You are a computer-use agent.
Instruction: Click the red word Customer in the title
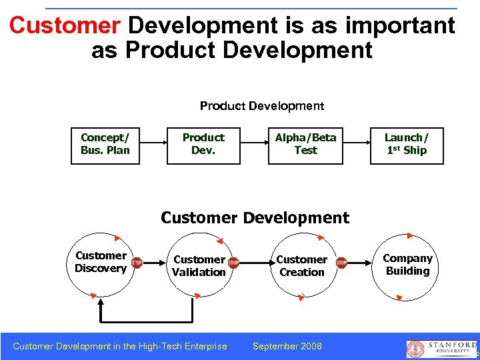coord(65,26)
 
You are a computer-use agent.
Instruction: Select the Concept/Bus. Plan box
coord(105,144)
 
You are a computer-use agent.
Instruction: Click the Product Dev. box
coord(203,144)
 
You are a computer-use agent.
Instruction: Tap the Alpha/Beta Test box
coord(306,144)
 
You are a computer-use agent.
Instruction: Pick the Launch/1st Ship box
coord(407,144)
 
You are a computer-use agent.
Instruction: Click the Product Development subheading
coord(262,106)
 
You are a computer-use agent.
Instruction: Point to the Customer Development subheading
coord(255,218)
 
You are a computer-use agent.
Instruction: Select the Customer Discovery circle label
coord(101,262)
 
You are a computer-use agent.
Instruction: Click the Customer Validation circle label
coord(199,265)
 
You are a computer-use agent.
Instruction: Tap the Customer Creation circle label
coord(301,265)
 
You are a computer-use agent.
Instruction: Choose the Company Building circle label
coord(407,265)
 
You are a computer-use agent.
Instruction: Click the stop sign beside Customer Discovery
coord(137,263)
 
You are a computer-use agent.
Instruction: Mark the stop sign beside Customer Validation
coord(233,263)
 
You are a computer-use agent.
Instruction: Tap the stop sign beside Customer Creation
coord(341,263)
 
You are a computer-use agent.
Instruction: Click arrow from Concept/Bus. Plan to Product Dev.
coord(153,143)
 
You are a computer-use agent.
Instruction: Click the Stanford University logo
coord(440,349)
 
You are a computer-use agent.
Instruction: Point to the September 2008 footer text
coord(287,346)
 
